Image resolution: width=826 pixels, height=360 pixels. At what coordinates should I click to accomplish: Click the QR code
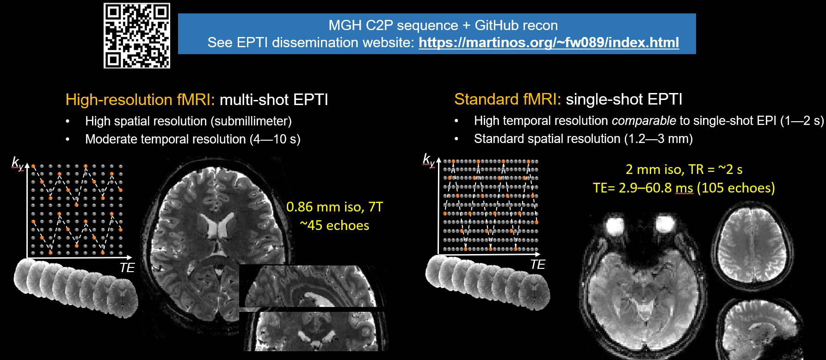(137, 36)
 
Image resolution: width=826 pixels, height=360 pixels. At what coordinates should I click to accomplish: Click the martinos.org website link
(549, 43)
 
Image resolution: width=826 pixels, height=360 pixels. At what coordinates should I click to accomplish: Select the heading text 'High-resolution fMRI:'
(140, 99)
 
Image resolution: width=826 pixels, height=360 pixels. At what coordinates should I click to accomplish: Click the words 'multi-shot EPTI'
(273, 99)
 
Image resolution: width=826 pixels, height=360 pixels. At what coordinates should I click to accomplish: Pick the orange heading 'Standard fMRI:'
(507, 99)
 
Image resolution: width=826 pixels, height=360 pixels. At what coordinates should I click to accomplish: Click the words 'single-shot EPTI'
(624, 99)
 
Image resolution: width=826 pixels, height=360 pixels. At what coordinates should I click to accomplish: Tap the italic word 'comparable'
(644, 121)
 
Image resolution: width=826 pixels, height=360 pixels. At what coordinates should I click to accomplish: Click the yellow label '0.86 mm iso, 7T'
(334, 207)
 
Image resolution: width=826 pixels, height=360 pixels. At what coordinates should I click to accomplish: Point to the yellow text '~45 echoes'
(334, 225)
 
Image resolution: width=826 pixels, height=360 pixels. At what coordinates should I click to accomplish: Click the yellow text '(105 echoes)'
(736, 188)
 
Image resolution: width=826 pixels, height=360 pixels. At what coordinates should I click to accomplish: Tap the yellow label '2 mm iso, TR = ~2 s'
(684, 169)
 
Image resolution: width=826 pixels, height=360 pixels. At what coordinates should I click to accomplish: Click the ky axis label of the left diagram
(18, 163)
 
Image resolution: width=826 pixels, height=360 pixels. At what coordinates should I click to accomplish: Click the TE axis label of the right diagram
(537, 265)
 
